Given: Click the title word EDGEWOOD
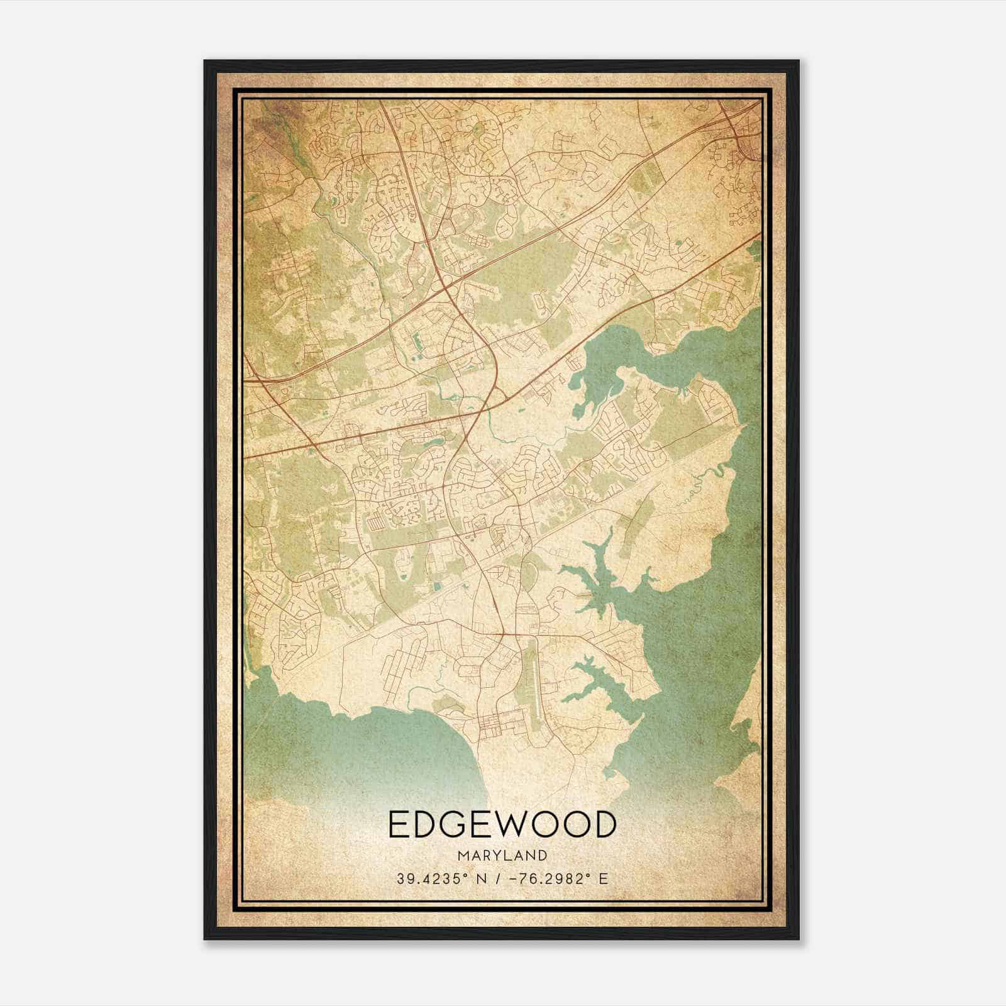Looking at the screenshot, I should (502, 826).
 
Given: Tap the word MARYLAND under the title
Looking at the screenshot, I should (502, 856).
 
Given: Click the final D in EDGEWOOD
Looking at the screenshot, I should (602, 826).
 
